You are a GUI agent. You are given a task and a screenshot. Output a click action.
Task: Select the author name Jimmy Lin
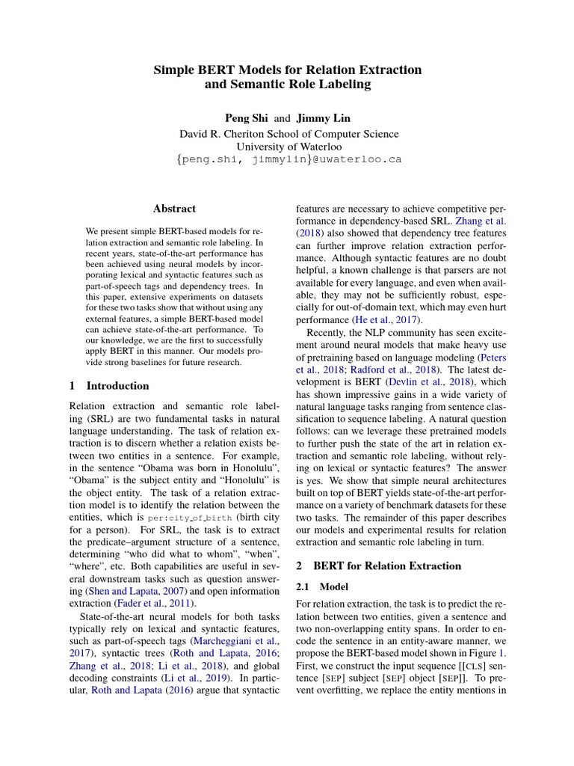click(x=323, y=118)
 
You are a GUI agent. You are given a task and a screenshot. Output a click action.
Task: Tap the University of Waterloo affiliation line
click(x=288, y=147)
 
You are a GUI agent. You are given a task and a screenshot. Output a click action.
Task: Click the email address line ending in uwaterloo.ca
click(x=288, y=159)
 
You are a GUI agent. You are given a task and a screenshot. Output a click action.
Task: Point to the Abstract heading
click(x=174, y=209)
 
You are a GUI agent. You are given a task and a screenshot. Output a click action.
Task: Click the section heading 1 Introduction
click(x=109, y=386)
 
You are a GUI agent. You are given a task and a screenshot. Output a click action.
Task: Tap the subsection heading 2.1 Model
click(x=317, y=587)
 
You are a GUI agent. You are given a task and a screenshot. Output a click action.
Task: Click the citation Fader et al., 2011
click(x=152, y=603)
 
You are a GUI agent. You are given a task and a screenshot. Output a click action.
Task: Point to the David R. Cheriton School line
click(x=288, y=134)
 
